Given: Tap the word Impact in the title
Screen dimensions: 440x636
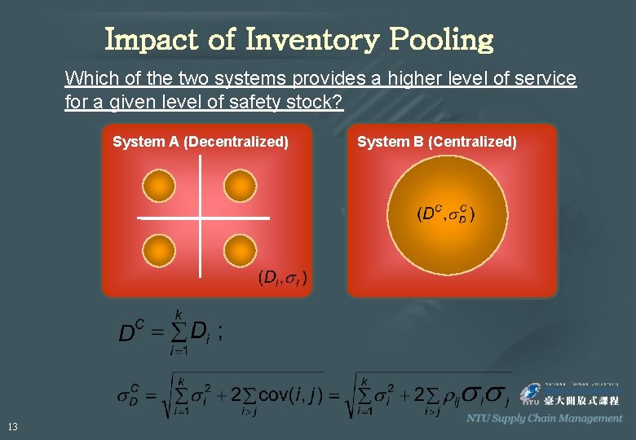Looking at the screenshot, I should pyautogui.click(x=161, y=39).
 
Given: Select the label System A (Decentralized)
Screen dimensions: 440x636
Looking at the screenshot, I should pyautogui.click(x=201, y=142).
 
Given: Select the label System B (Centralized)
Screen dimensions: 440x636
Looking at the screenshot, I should pyautogui.click(x=437, y=142).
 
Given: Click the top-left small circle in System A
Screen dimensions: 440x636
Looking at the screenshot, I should pyautogui.click(x=158, y=185).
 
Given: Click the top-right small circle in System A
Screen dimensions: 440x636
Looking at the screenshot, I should pyautogui.click(x=240, y=185).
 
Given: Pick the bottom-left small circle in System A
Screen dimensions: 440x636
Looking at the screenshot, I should pyautogui.click(x=158, y=250).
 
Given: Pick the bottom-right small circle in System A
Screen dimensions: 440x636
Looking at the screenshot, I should pyautogui.click(x=240, y=250).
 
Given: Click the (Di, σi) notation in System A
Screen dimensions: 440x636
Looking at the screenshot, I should pyautogui.click(x=282, y=278).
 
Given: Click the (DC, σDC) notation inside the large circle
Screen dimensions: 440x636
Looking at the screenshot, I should pyautogui.click(x=446, y=214).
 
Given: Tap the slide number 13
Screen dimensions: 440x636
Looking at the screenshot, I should pyautogui.click(x=12, y=426).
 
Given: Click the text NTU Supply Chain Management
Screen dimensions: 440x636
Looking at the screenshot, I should pyautogui.click(x=544, y=418).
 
